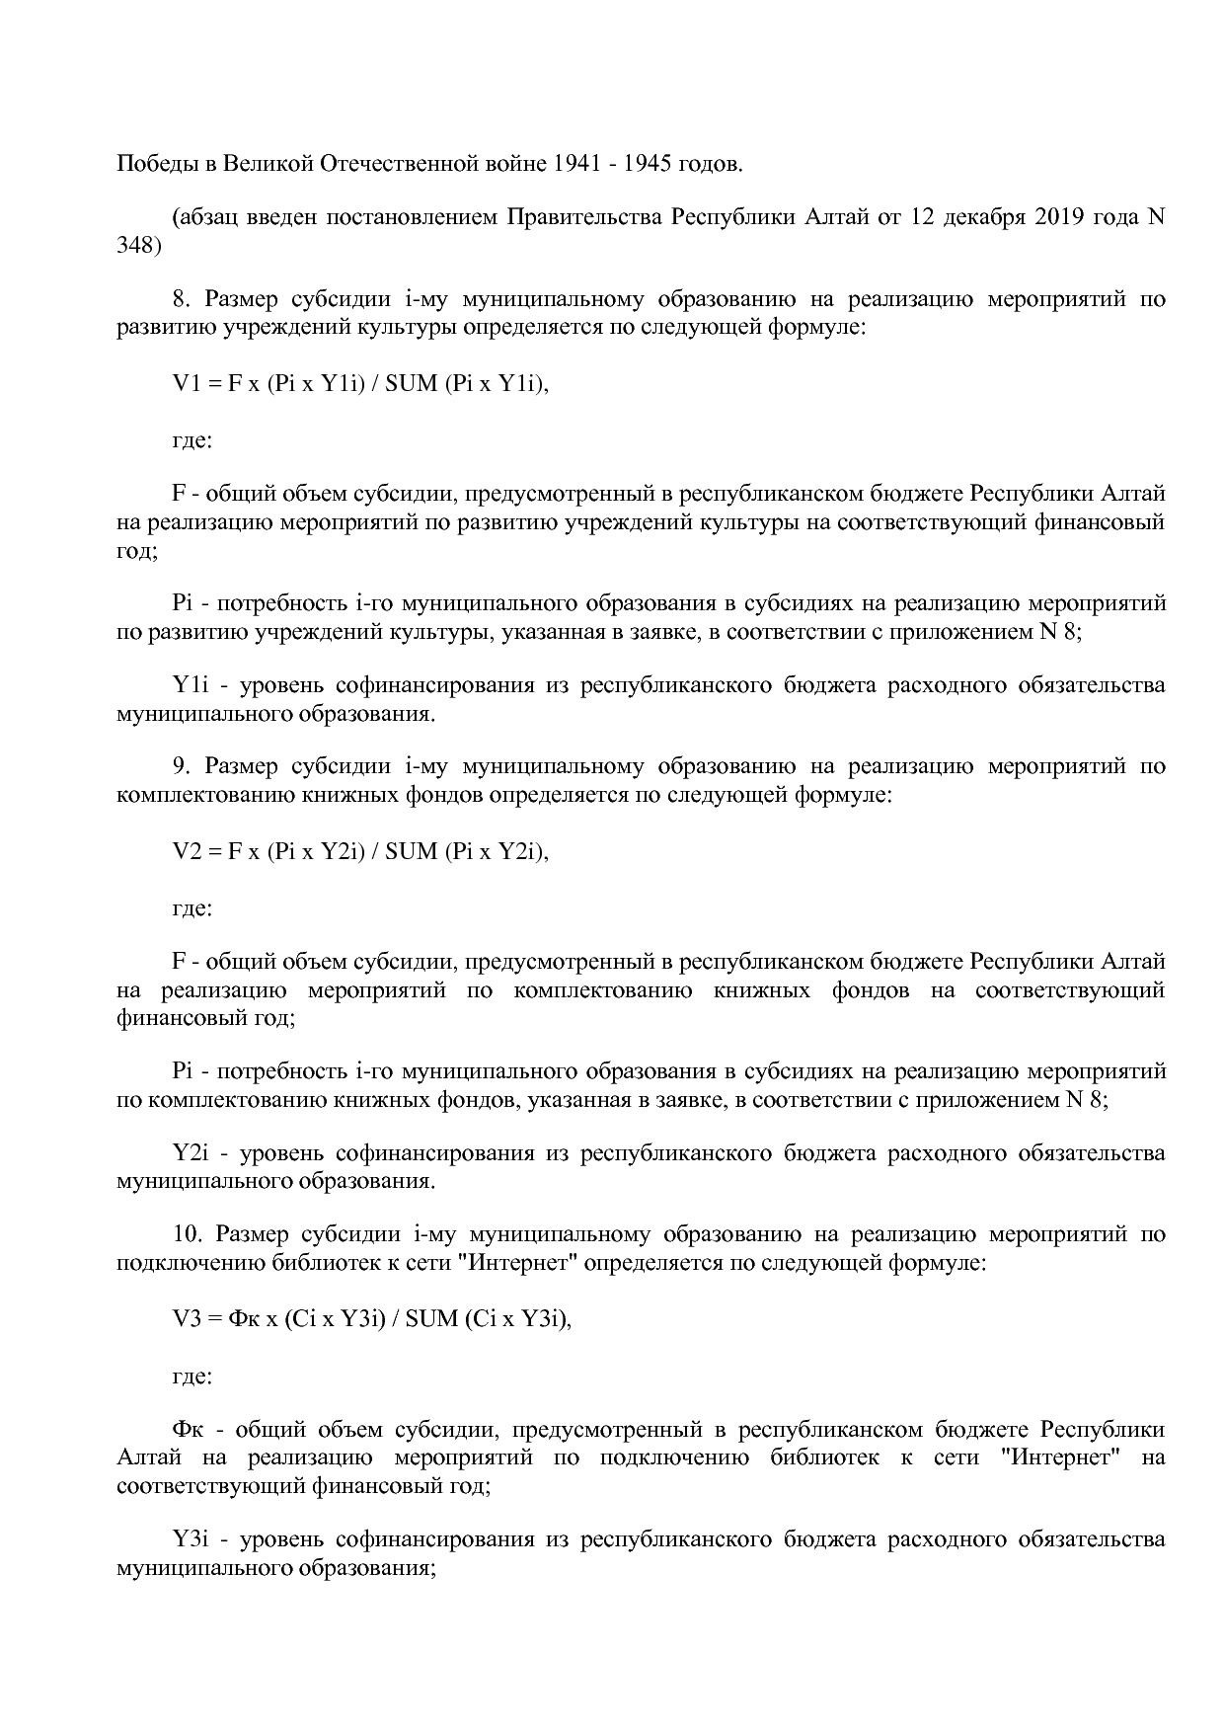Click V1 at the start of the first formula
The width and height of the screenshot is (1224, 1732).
[x=187, y=384]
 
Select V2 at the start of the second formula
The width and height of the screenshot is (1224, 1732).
[x=187, y=851]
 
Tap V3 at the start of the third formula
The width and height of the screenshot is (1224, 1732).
[x=187, y=1318]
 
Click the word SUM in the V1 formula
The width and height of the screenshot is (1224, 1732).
[x=411, y=384]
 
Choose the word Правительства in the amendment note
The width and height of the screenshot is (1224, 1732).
[x=585, y=217]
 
